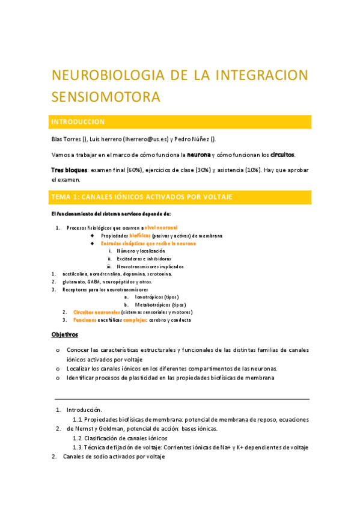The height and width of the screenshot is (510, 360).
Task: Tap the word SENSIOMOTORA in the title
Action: click(106, 96)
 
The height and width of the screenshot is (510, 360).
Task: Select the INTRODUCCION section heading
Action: click(79, 121)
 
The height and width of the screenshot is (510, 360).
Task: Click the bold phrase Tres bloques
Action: click(69, 170)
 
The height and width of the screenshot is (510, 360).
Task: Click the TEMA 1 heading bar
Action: click(180, 197)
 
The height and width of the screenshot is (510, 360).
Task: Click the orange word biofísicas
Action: click(135, 236)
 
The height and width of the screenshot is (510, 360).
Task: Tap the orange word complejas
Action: click(135, 321)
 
